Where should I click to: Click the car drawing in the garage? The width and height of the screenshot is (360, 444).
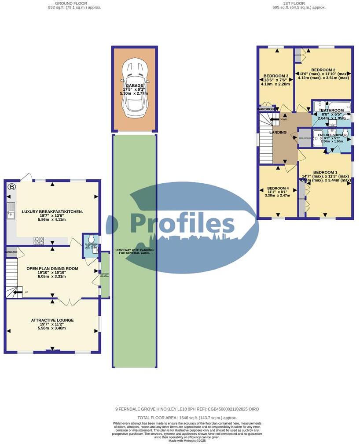[135, 89]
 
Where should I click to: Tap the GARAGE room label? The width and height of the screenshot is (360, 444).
[134, 85]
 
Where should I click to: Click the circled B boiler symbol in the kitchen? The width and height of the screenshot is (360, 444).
[12, 187]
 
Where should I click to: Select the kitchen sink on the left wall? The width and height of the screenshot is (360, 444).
[10, 211]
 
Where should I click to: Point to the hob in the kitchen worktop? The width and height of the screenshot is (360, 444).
[39, 240]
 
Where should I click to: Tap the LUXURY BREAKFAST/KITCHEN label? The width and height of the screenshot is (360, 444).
[52, 211]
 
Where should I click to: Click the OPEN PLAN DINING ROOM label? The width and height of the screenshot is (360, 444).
[52, 268]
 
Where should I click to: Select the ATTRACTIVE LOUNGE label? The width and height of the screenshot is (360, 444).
[52, 320]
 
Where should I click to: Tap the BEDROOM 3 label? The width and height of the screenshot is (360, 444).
[276, 75]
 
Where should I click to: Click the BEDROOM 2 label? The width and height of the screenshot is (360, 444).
[323, 70]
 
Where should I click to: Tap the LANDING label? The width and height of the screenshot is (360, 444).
[278, 132]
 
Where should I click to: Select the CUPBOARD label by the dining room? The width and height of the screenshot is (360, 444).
[11, 252]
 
